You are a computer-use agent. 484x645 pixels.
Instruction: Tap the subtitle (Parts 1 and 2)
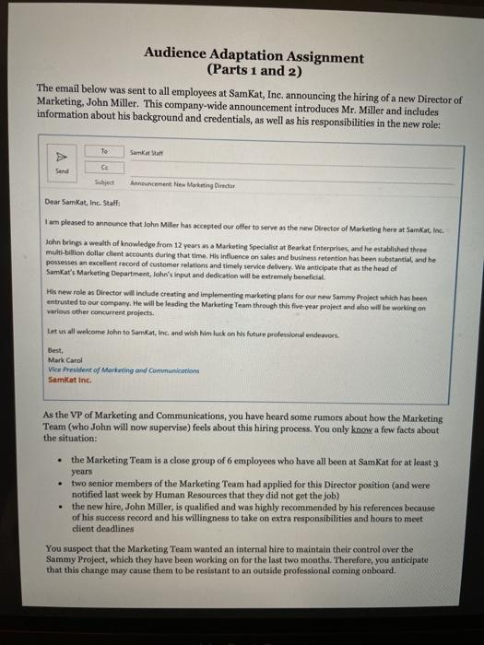pos(254,70)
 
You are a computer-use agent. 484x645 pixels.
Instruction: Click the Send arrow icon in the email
pos(63,157)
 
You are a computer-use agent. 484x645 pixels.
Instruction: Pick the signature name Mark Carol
pos(63,358)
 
